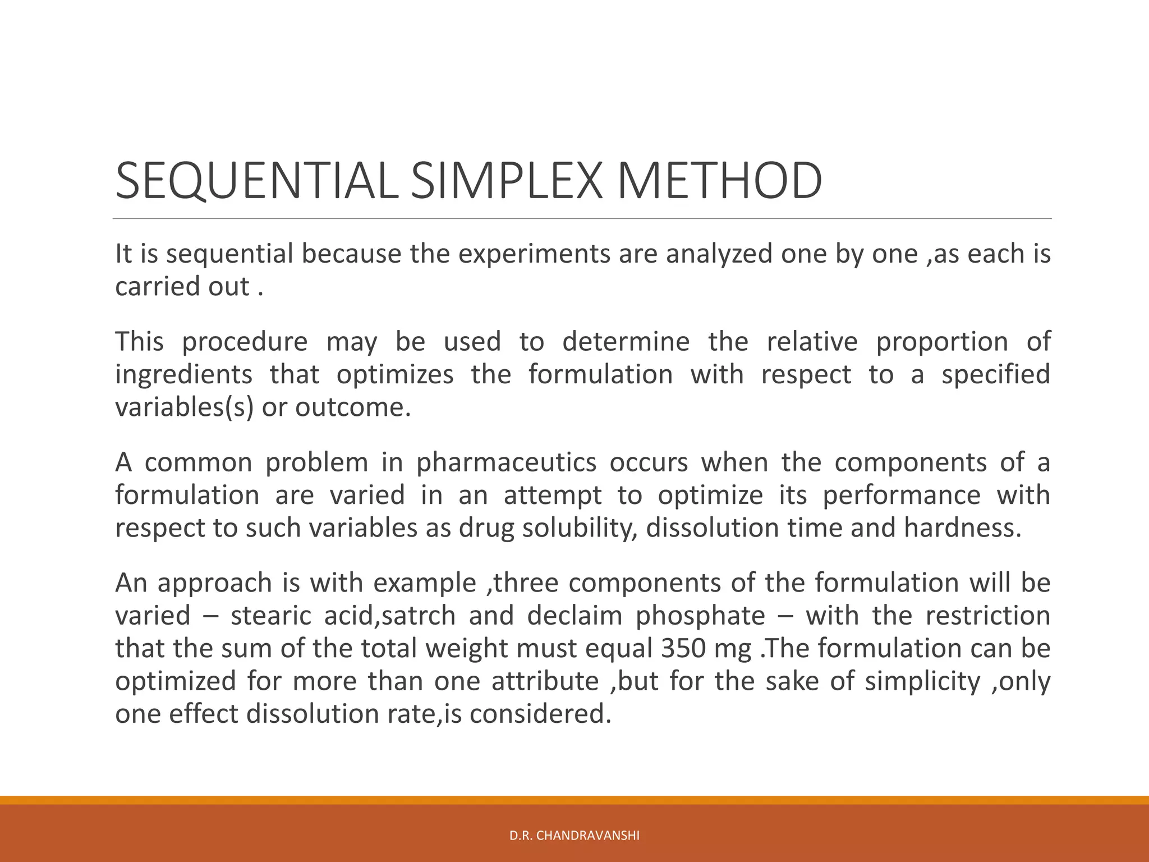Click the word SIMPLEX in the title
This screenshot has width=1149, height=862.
507,181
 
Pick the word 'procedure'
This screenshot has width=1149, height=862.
245,342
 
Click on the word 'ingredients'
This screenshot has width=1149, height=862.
184,374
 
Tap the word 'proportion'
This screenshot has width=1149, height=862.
942,342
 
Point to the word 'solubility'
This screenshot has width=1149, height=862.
578,528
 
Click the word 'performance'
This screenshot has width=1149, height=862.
901,496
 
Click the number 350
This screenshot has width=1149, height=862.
683,648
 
